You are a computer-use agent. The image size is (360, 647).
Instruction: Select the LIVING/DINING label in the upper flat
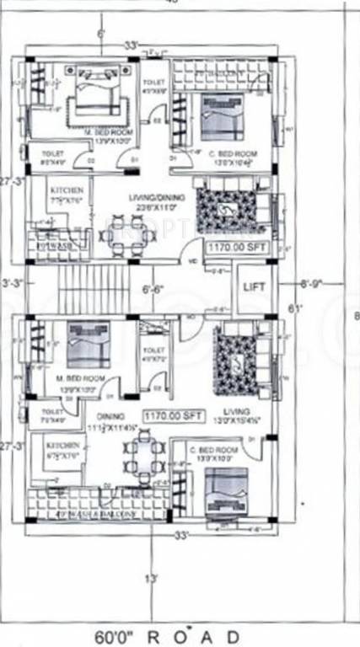(x=150, y=200)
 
